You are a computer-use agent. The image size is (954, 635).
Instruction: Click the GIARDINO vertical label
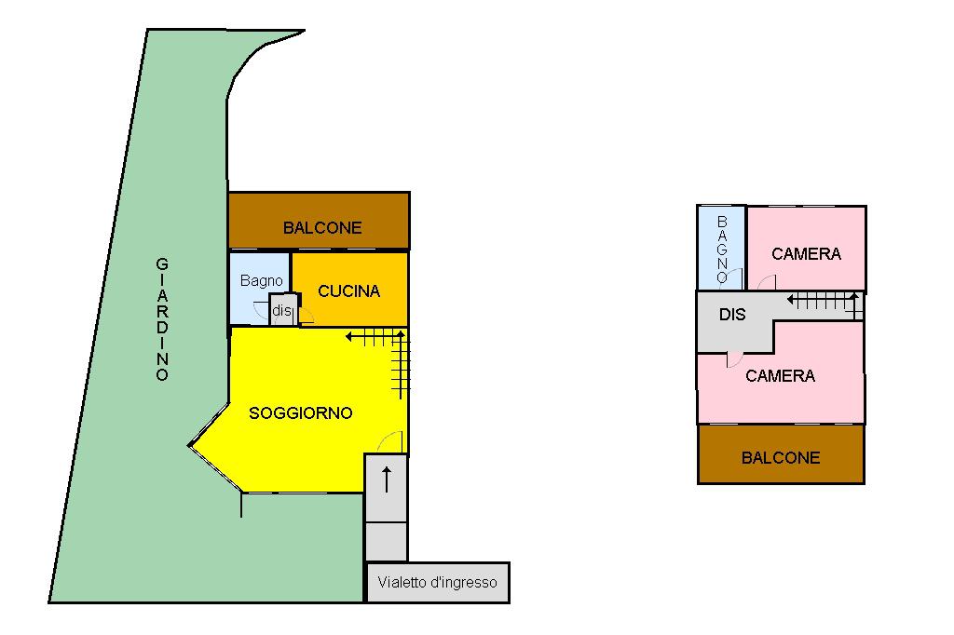pos(162,319)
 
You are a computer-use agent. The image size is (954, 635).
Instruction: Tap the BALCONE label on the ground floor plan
pos(322,228)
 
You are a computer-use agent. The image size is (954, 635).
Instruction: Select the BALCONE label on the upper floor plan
pos(781,458)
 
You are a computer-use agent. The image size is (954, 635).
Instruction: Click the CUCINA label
pos(349,291)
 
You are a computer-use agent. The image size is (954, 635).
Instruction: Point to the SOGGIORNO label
pos(301,413)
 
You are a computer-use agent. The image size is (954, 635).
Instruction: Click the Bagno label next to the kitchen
pos(261,280)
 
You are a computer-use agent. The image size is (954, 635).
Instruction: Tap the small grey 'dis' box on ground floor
pos(281,310)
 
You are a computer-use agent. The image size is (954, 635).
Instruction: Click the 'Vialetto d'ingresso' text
pos(437,584)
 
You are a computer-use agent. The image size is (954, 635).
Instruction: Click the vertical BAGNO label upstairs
pos(722,249)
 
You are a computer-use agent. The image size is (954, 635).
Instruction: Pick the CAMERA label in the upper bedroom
pos(806,253)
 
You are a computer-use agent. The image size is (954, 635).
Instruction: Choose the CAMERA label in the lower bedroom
pos(780,376)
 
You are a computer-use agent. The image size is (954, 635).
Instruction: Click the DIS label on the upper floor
pos(733,315)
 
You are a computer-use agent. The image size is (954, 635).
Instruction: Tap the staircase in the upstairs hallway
pos(825,301)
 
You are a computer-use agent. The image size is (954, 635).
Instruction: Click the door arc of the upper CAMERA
pos(766,283)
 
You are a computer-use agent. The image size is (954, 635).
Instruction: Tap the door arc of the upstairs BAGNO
pos(735,277)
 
